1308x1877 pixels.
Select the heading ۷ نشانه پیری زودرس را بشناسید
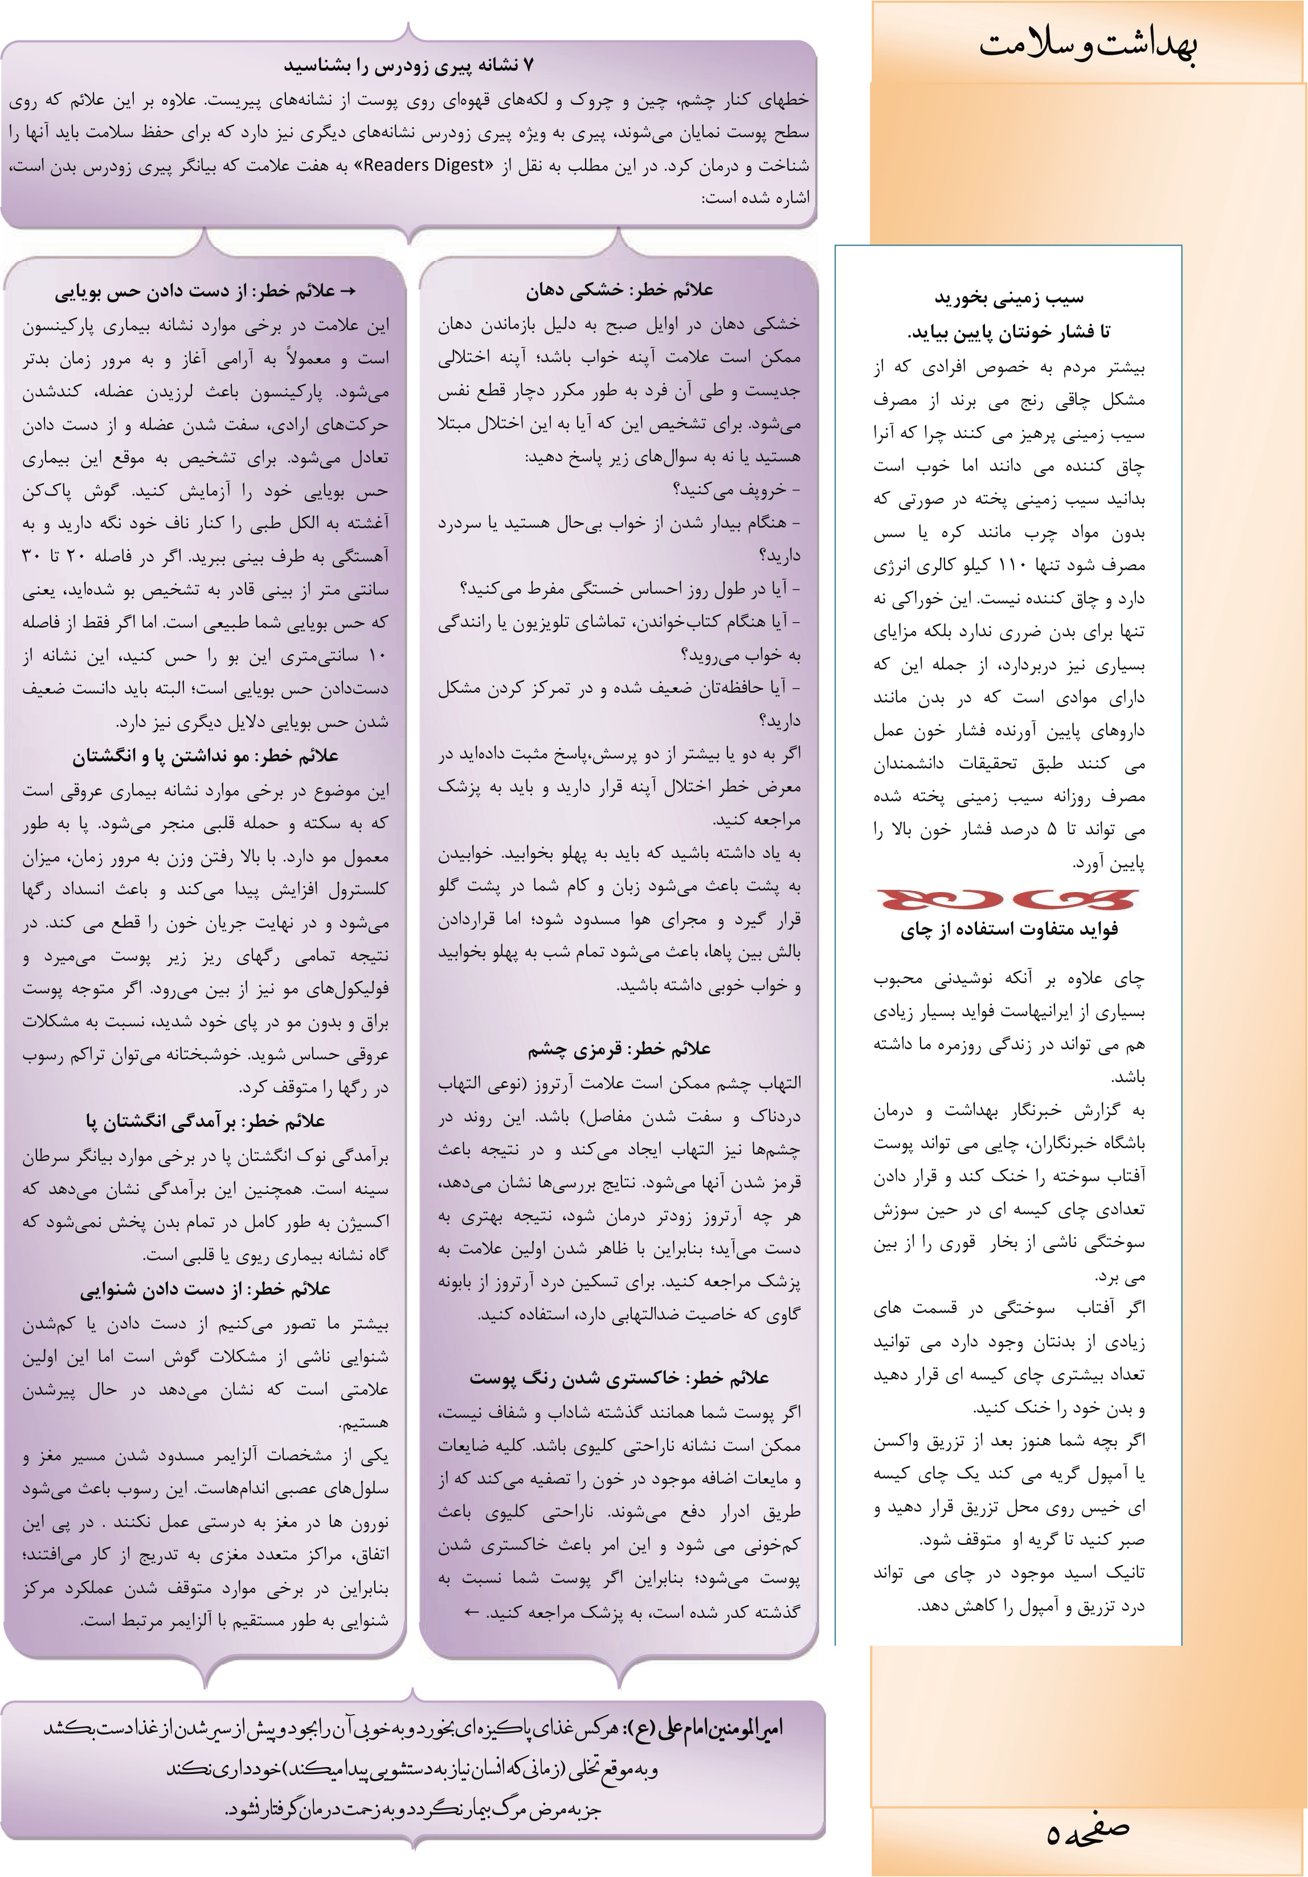pos(409,66)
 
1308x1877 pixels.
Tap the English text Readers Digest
pos(424,165)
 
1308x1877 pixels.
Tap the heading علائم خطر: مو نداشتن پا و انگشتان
pos(205,756)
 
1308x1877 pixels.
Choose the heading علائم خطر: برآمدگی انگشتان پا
pos(205,1121)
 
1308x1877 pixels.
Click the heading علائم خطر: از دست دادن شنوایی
pos(205,1289)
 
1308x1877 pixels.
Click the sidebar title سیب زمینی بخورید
pos(1009,297)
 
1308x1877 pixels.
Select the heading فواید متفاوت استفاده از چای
pos(1009,930)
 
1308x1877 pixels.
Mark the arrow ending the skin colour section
pos(471,1612)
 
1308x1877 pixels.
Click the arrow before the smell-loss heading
pos(346,292)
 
